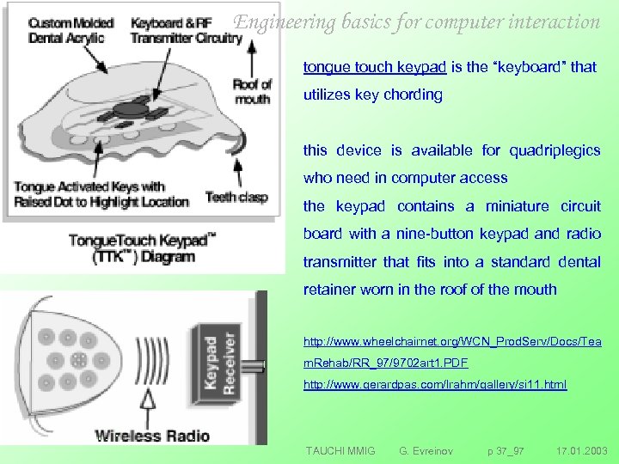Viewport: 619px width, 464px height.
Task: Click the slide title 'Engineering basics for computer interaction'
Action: coord(418,22)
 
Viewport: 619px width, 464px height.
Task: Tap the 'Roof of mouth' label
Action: coord(252,90)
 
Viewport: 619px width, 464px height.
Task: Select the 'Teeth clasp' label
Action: coord(236,197)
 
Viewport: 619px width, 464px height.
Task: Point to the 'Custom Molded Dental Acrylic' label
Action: coord(63,31)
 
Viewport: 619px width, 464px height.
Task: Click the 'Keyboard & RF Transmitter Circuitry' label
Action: coord(186,31)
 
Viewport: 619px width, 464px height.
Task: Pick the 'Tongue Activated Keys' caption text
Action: coord(100,193)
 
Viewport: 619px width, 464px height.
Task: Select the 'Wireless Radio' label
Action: coord(152,435)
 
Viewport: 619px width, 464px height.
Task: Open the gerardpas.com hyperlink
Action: coord(435,385)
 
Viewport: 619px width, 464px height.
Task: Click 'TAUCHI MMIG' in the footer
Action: coord(340,450)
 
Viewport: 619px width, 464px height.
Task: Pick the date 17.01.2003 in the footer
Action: coord(581,450)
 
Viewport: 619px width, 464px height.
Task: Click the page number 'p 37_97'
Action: coord(506,450)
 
